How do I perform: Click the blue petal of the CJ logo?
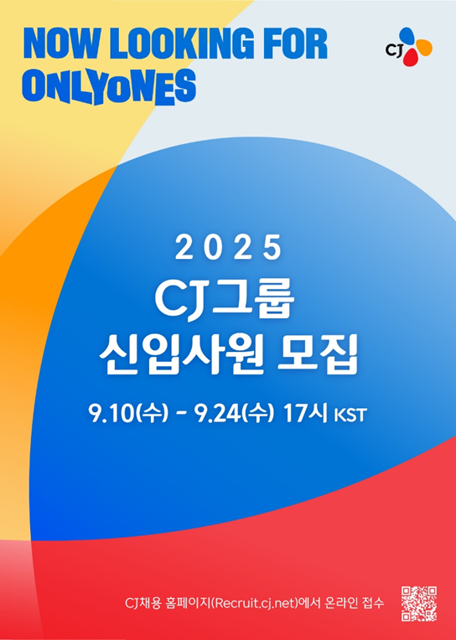[408, 36]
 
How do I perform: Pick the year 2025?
[228, 248]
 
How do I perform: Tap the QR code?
[418, 603]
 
